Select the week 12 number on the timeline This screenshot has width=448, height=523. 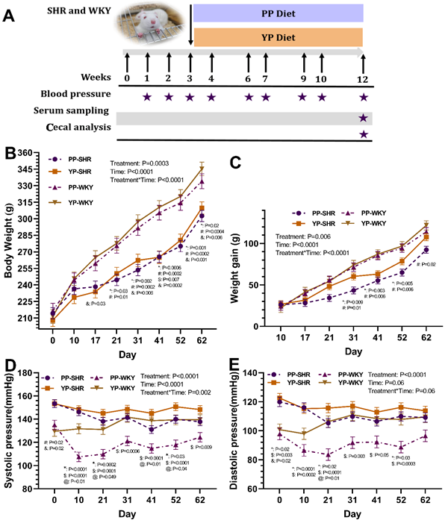(x=363, y=78)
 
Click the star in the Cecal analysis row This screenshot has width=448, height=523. (x=364, y=134)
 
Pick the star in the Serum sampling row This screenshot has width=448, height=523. (x=364, y=118)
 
